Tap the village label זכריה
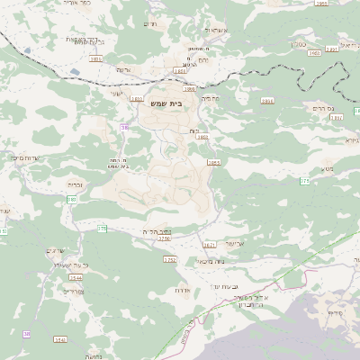point(76,184)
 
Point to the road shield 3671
point(210,244)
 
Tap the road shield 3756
point(165,238)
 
